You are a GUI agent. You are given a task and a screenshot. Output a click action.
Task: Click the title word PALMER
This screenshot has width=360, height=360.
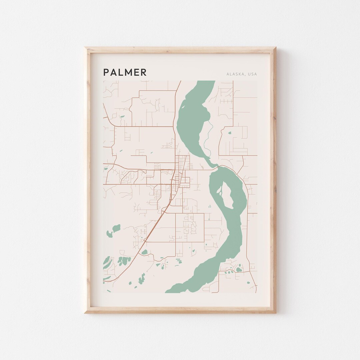(125, 72)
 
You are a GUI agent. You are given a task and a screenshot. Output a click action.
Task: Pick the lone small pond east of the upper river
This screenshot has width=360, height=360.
(230, 133)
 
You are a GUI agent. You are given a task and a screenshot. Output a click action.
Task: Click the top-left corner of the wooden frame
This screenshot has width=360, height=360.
(85, 48)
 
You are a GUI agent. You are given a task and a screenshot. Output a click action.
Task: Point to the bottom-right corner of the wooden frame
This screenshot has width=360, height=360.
(275, 312)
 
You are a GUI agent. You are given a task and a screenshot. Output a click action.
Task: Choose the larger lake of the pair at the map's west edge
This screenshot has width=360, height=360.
(116, 228)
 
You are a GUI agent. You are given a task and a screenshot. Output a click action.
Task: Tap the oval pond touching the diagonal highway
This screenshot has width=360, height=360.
(144, 252)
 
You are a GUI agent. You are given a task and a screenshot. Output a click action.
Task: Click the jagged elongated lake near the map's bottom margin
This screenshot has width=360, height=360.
(142, 279)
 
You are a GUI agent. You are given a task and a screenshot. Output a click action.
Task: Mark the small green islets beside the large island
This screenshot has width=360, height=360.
(219, 191)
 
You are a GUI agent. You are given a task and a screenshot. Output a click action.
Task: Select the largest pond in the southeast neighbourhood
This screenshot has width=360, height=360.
(239, 269)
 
